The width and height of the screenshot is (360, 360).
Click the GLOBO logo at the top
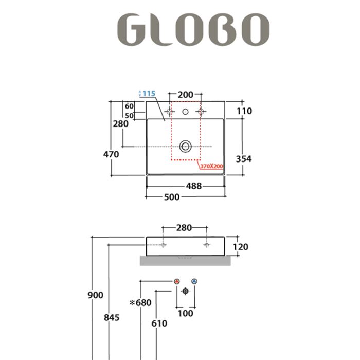tap(193, 29)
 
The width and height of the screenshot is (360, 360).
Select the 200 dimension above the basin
tap(185, 95)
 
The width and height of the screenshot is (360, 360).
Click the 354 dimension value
tap(243, 159)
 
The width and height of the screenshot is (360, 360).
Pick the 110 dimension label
tap(244, 111)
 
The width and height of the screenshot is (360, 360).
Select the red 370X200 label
tap(211, 167)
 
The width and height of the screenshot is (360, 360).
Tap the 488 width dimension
tap(193, 186)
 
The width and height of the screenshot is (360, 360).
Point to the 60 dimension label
tap(130, 106)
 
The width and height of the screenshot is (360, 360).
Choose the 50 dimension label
tap(130, 116)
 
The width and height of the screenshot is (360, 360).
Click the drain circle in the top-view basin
tap(185, 147)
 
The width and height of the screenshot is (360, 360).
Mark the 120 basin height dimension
tap(240, 247)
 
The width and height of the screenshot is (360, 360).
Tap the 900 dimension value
tap(95, 295)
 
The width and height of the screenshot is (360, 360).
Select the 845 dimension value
tap(111, 317)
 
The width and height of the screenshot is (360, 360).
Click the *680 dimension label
tap(140, 302)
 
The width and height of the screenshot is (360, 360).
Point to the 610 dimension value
tap(159, 323)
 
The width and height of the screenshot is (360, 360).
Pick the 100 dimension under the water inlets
tap(185, 313)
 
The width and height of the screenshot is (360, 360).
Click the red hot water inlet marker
tap(176, 281)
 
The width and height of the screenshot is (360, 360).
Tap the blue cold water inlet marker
tap(194, 281)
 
